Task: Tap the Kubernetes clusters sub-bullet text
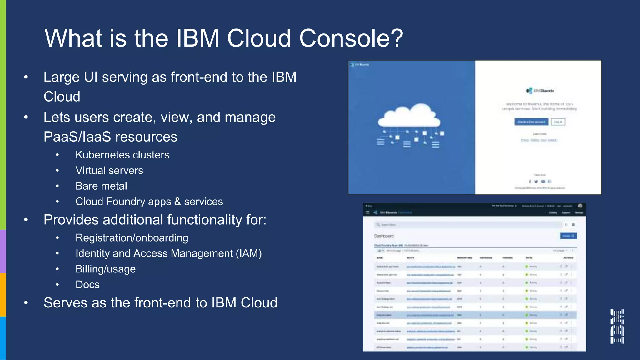pos(122,155)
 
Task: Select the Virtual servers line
pos(109,171)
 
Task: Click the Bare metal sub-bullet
pos(101,186)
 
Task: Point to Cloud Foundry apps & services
pos(149,202)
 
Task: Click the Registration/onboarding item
pos(132,238)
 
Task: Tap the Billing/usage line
pos(105,269)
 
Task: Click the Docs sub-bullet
pos(87,285)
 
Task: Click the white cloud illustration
pos(409,116)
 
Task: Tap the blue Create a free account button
pos(531,122)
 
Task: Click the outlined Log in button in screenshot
pos(558,122)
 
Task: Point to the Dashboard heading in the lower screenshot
pos(384,236)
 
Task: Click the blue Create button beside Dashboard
pos(568,236)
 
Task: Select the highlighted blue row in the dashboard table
pos(475,315)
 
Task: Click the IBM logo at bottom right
pos(617,327)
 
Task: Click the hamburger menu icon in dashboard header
pos(368,212)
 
